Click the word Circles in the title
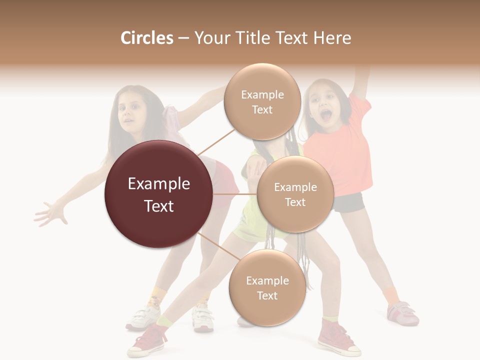click(x=146, y=38)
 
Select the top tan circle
click(x=262, y=102)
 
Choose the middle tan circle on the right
click(x=295, y=194)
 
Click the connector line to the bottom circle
click(x=214, y=245)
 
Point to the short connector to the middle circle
click(x=234, y=194)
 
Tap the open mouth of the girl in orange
click(x=325, y=116)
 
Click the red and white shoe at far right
click(x=403, y=313)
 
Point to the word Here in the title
click(x=332, y=38)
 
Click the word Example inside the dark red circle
click(x=159, y=184)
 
